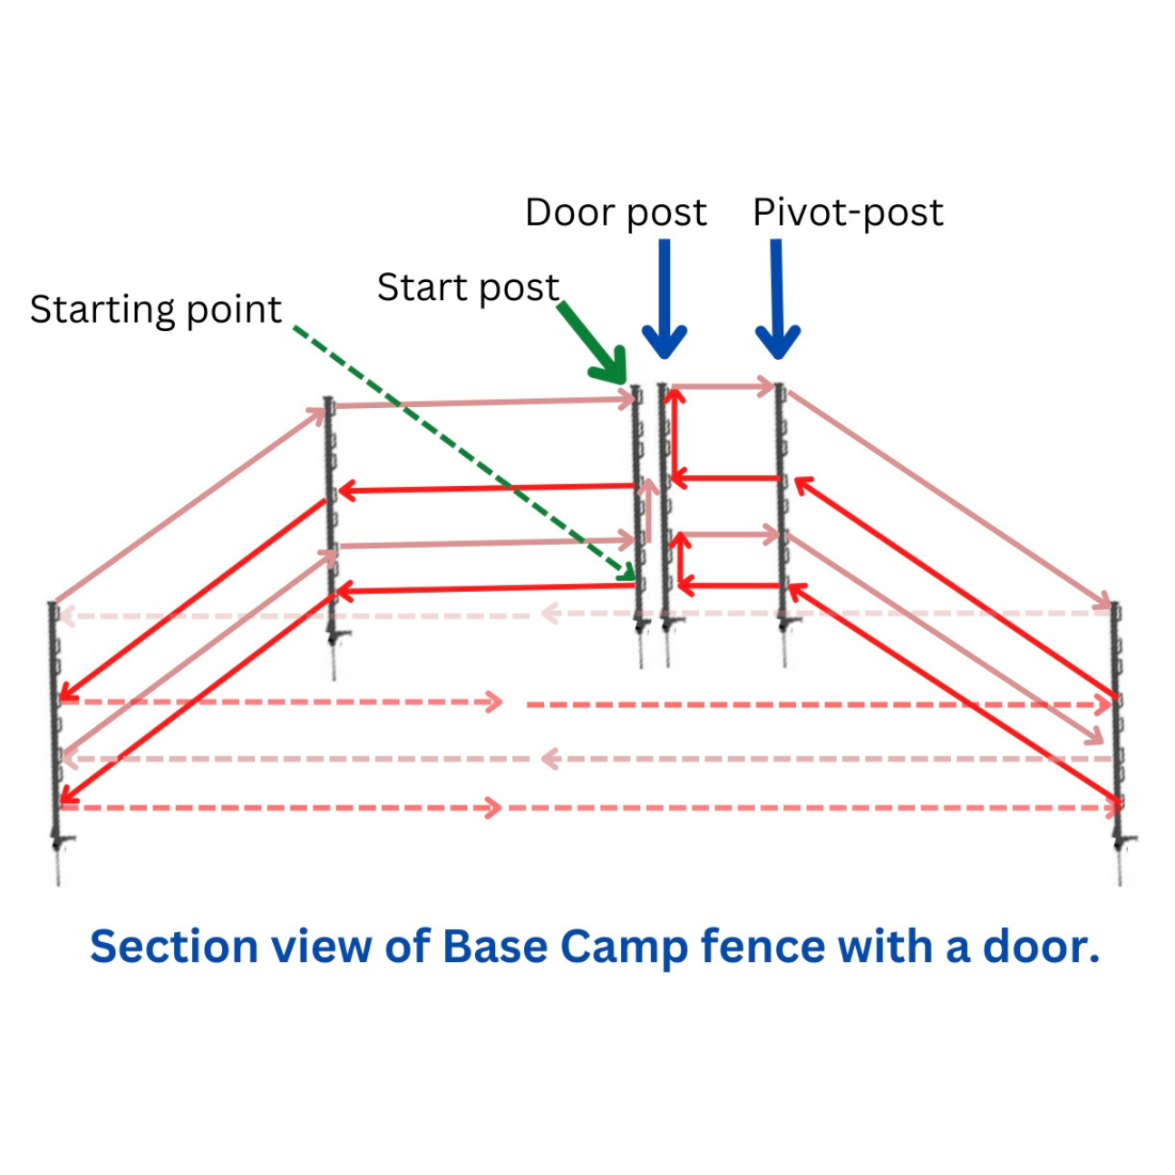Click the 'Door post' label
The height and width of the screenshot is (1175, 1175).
[616, 213]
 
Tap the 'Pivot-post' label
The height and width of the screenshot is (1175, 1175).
[849, 213]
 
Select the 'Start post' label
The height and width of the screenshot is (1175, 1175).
[468, 287]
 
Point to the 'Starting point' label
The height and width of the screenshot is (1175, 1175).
[155, 310]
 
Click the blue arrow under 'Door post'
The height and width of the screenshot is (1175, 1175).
[665, 299]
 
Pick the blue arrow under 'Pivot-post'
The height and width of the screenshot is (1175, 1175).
[777, 299]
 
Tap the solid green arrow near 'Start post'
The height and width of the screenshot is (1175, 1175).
[595, 343]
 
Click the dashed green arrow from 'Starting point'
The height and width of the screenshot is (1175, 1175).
[464, 453]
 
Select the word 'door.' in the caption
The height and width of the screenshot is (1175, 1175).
[1041, 947]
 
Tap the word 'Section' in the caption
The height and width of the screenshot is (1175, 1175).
[174, 947]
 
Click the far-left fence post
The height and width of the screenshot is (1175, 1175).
[56, 743]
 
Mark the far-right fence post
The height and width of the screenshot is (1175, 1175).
[1118, 743]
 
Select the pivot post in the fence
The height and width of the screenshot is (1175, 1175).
[782, 525]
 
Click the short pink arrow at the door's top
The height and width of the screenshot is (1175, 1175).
[723, 386]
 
